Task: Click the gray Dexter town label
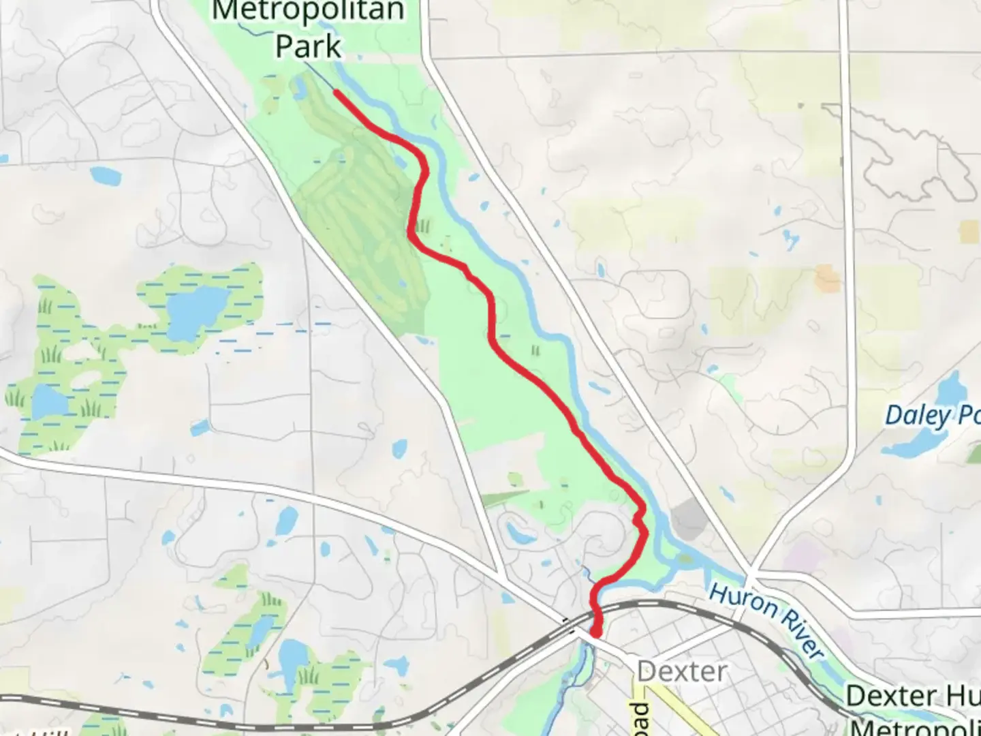[682, 672]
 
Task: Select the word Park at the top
[308, 46]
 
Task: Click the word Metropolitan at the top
[308, 11]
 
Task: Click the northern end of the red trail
[336, 91]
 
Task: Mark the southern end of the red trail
[595, 634]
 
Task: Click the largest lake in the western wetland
[196, 312]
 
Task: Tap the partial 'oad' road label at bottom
[641, 718]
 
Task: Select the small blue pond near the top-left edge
[105, 175]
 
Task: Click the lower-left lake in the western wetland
[49, 401]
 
